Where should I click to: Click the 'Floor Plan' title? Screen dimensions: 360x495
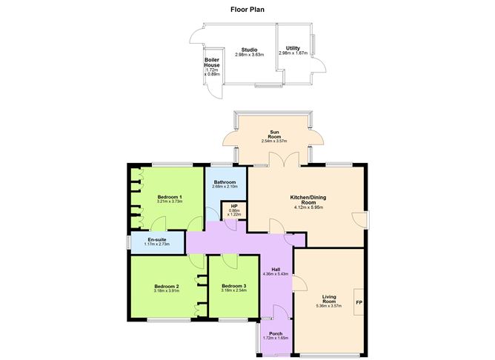[x=247, y=10]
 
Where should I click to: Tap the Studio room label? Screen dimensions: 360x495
[x=239, y=49]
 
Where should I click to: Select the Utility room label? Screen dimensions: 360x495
[x=292, y=47]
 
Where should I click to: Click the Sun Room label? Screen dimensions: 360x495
[x=275, y=136]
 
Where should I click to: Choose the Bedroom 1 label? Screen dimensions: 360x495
[x=170, y=196]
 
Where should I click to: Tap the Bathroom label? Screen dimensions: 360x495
[x=225, y=182]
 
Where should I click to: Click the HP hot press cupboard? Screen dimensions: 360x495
[x=234, y=210]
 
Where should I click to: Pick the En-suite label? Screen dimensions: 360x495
[x=156, y=239]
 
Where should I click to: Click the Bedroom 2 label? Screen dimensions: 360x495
[x=167, y=286]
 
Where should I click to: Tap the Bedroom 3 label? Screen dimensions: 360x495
[x=233, y=286]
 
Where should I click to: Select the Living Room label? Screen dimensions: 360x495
[x=330, y=299]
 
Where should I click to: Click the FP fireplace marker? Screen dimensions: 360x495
[x=359, y=302]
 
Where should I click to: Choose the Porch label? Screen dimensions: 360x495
[x=275, y=333]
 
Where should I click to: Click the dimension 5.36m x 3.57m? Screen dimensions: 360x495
[x=330, y=306]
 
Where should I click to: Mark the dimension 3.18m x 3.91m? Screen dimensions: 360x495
[x=167, y=290]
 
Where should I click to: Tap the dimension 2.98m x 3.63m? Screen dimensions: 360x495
[x=239, y=54]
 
